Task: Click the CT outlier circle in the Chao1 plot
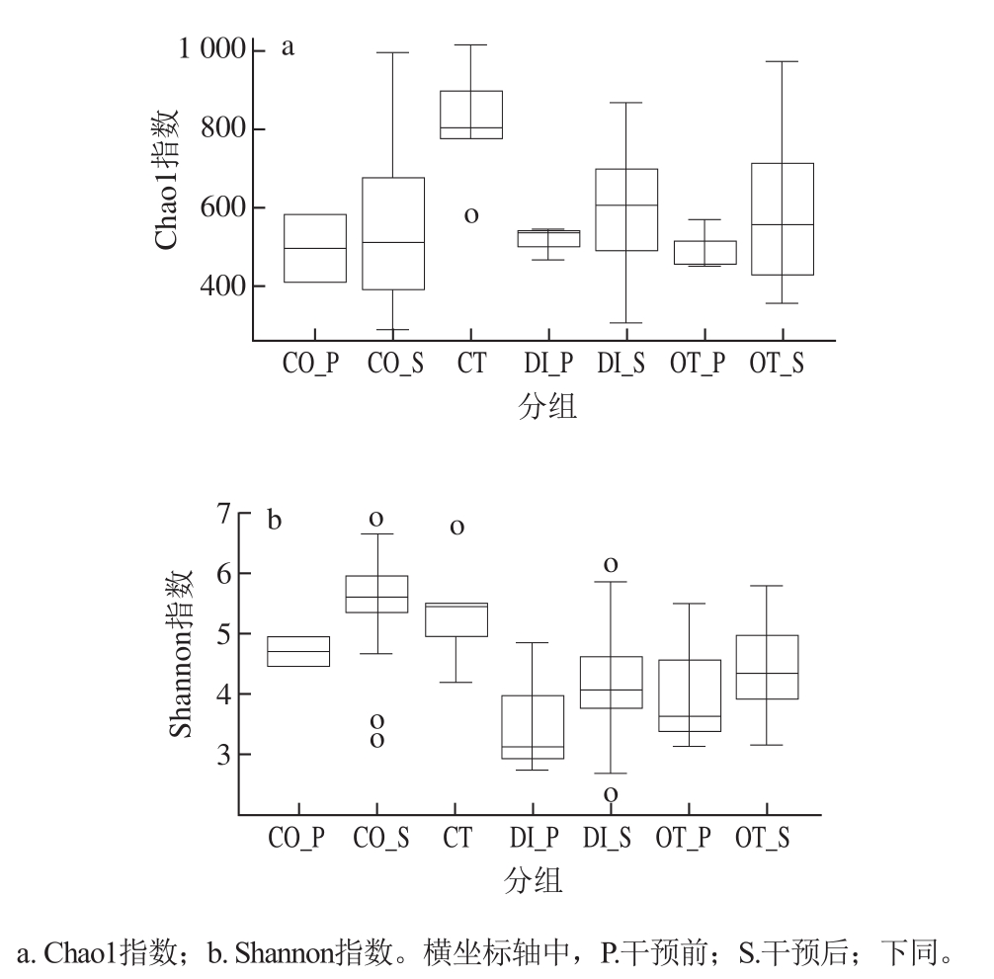(471, 214)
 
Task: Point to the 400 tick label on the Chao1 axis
(223, 286)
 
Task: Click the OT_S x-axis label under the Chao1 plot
(776, 364)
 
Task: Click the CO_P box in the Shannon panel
(299, 651)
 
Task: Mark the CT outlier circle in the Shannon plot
(456, 528)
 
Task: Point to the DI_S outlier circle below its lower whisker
(611, 793)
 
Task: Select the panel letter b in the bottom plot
(275, 520)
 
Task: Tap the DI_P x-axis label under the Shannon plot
(535, 839)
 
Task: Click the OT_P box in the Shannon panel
(690, 695)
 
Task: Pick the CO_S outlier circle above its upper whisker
(376, 518)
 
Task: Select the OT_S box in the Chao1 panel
(782, 218)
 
